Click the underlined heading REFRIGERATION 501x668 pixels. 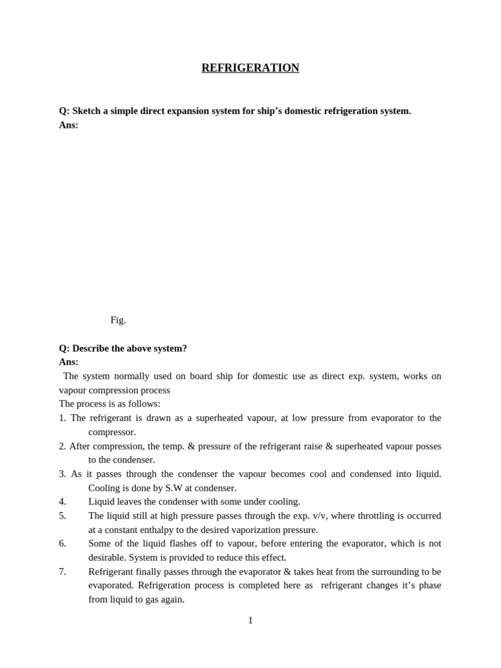point(250,68)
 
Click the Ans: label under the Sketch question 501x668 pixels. point(68,125)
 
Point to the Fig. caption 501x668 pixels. point(118,320)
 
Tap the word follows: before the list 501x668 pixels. point(144,404)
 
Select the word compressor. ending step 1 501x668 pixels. point(112,432)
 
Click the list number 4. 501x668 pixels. point(63,502)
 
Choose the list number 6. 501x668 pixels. point(63,543)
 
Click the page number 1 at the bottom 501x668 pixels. point(250,620)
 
